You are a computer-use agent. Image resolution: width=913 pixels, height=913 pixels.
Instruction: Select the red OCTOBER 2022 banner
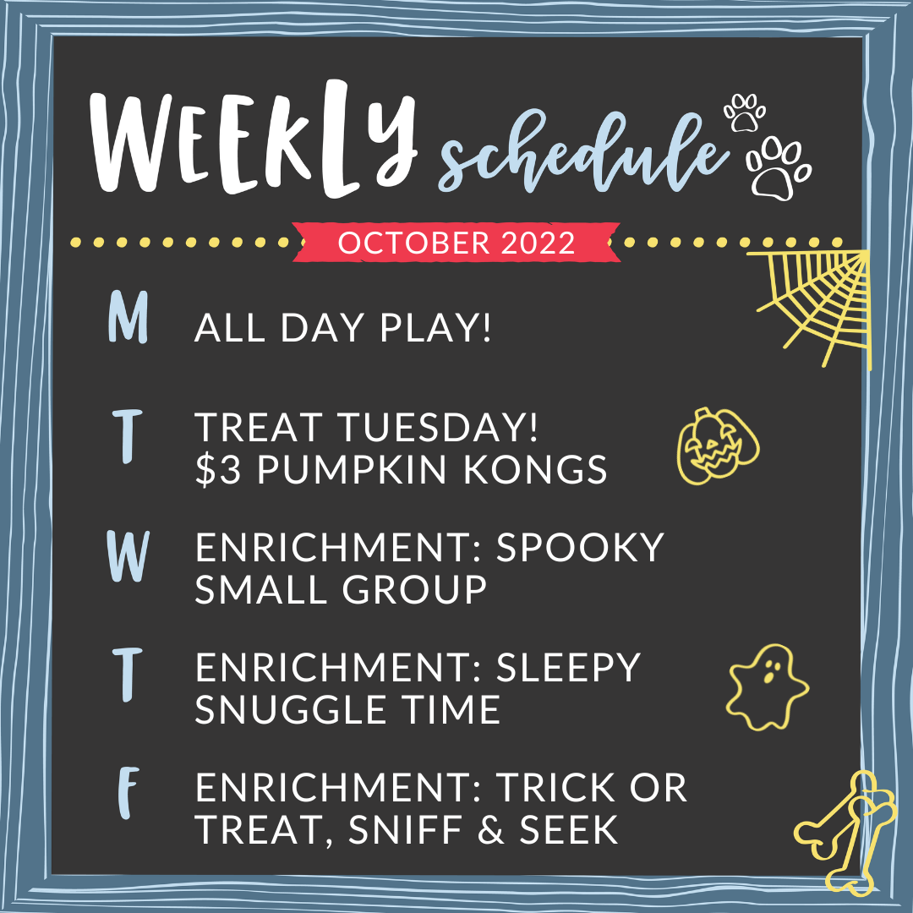coord(456,243)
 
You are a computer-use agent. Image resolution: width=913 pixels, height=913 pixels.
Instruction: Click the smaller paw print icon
coord(744,112)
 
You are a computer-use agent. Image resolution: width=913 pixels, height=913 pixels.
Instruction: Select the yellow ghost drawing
coord(768,687)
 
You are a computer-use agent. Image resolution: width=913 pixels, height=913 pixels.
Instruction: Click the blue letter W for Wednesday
coord(128,556)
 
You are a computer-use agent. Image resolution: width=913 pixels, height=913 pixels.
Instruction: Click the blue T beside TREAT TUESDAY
coord(128,436)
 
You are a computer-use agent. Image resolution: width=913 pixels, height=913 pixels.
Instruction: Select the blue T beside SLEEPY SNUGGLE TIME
coord(128,675)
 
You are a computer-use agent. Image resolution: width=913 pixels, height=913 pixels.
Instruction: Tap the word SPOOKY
coord(580,547)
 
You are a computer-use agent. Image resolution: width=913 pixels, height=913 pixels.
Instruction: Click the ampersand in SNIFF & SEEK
coord(491,829)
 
